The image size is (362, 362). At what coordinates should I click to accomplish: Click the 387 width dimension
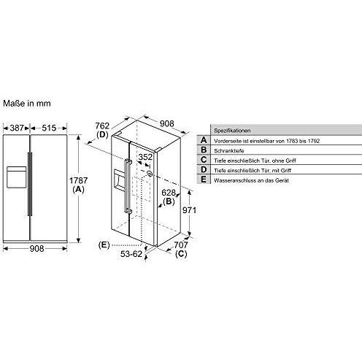[x=17, y=128]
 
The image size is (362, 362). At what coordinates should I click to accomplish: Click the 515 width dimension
[x=49, y=128]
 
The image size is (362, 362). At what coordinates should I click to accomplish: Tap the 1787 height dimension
[x=78, y=180]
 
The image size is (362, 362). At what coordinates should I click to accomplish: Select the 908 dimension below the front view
[x=36, y=248]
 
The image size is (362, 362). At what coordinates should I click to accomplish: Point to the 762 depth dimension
[x=102, y=126]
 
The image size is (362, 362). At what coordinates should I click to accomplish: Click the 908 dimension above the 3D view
[x=167, y=123]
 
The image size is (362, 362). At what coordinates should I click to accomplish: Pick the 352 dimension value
[x=145, y=157]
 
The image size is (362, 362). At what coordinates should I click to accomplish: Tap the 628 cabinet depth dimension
[x=169, y=193]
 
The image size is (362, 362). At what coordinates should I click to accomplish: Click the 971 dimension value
[x=189, y=210]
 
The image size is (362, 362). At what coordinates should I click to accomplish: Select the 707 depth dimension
[x=181, y=244]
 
